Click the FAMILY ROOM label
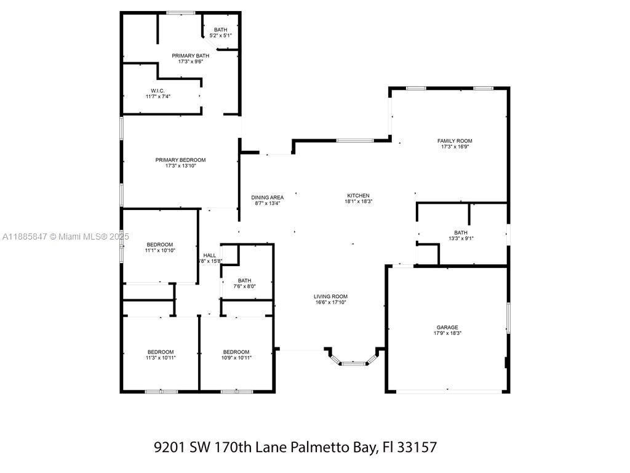(455, 141)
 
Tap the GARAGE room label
(447, 328)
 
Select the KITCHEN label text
(359, 195)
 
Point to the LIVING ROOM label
(330, 296)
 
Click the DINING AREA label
(268, 198)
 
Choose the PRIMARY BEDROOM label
(180, 160)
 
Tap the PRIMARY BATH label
(191, 56)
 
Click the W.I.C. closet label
(158, 91)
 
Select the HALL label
(210, 256)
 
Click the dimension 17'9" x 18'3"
(448, 333)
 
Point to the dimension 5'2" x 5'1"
(221, 35)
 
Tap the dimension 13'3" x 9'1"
(461, 238)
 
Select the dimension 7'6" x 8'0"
(245, 286)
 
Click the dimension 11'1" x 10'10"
(160, 250)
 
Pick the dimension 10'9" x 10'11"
(236, 358)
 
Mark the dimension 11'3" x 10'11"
(161, 358)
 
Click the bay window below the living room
(354, 363)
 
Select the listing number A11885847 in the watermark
(25, 237)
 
